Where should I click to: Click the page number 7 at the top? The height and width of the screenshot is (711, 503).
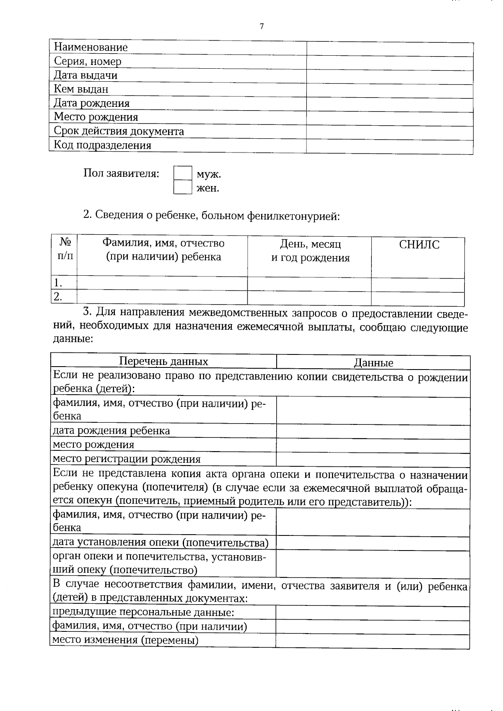[262, 26]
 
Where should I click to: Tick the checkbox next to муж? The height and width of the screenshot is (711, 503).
[182, 173]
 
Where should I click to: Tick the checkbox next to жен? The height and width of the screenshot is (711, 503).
[182, 187]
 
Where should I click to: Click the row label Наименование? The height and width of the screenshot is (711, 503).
[91, 47]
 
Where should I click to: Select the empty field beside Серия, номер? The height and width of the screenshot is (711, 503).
[389, 62]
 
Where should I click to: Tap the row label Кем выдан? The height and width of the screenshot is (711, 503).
[81, 89]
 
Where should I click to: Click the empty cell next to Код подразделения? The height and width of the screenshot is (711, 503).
[389, 146]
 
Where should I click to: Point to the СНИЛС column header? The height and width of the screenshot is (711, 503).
[419, 245]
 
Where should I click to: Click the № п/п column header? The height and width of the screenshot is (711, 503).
[65, 249]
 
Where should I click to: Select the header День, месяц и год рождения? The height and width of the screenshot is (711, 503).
[310, 251]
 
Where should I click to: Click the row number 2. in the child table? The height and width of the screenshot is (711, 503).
[58, 297]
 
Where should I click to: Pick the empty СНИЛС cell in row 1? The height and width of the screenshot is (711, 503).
[417, 284]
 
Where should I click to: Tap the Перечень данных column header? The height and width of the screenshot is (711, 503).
[163, 362]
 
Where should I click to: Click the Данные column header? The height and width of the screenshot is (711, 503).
[373, 363]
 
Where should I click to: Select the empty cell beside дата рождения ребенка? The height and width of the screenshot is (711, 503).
[373, 431]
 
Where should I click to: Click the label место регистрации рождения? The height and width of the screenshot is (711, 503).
[126, 459]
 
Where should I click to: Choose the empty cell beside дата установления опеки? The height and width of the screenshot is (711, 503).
[373, 543]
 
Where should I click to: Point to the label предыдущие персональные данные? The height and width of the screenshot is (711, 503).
[143, 613]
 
